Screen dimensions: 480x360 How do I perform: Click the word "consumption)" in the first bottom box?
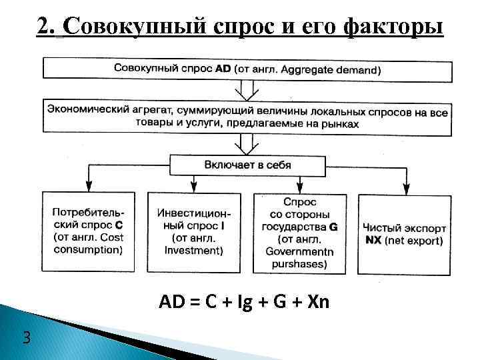(87, 250)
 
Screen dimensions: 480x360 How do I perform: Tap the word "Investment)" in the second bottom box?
(193, 250)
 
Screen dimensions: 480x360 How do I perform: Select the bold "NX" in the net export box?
(374, 240)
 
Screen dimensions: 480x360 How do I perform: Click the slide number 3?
(25, 337)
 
